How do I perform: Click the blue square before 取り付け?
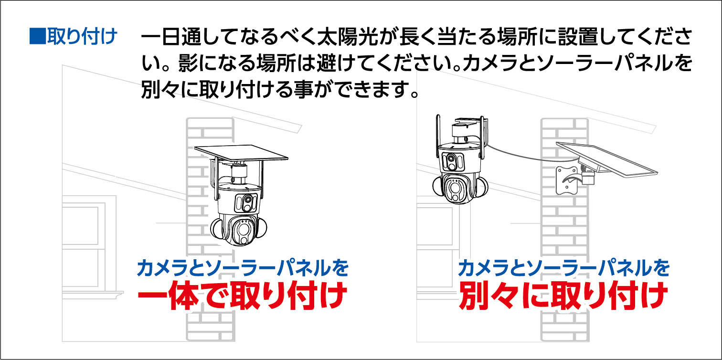(x=37, y=36)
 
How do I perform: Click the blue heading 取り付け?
(x=82, y=36)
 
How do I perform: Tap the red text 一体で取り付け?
(x=242, y=296)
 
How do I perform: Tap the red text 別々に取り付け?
(x=563, y=296)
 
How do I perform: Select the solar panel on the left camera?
(x=241, y=153)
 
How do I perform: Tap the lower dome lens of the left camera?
(x=243, y=229)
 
